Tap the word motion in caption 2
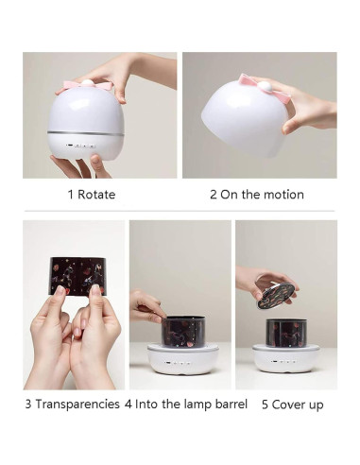[x=283, y=195]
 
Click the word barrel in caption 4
[x=227, y=404]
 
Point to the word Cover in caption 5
[x=292, y=404]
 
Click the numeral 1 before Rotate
[x=70, y=195]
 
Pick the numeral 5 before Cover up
[x=266, y=404]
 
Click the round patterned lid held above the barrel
[x=275, y=290]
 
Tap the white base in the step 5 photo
[x=284, y=357]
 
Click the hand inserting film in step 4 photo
[x=146, y=304]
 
